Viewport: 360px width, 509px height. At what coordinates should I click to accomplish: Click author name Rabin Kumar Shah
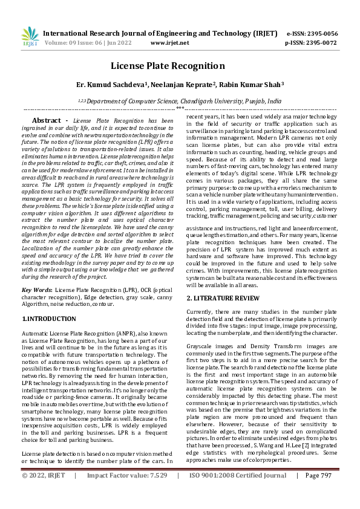[x=248, y=85]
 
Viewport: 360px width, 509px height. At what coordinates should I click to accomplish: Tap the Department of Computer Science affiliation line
[x=180, y=102]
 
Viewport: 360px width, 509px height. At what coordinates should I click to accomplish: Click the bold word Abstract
[x=46, y=120]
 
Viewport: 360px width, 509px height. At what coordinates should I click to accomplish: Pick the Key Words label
[x=36, y=290]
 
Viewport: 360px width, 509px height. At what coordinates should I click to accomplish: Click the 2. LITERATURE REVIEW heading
[x=223, y=299]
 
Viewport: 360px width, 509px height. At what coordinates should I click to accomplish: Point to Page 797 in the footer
[x=318, y=493]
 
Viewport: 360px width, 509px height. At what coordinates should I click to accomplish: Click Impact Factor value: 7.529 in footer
[x=127, y=493]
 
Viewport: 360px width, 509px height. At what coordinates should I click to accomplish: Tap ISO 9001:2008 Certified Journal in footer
[x=238, y=493]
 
